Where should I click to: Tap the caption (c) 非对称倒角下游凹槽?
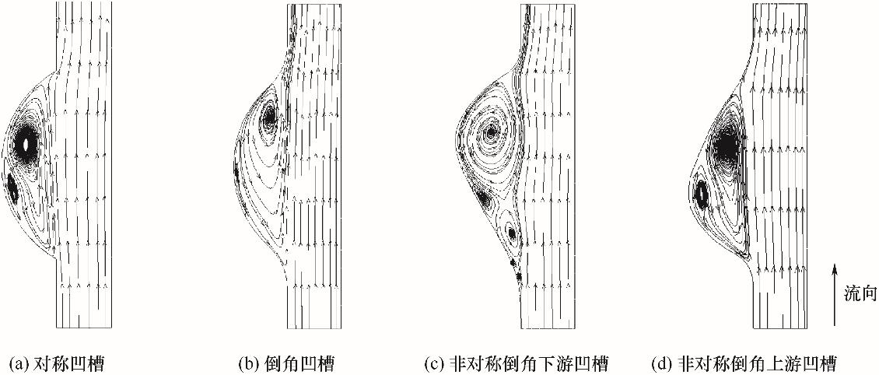click(x=517, y=363)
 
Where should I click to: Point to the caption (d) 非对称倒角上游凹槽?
click(x=745, y=363)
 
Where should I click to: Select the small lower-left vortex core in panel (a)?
click(x=12, y=187)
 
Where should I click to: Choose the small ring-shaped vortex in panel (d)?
click(x=702, y=191)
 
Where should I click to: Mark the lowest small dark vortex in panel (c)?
click(x=518, y=275)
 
